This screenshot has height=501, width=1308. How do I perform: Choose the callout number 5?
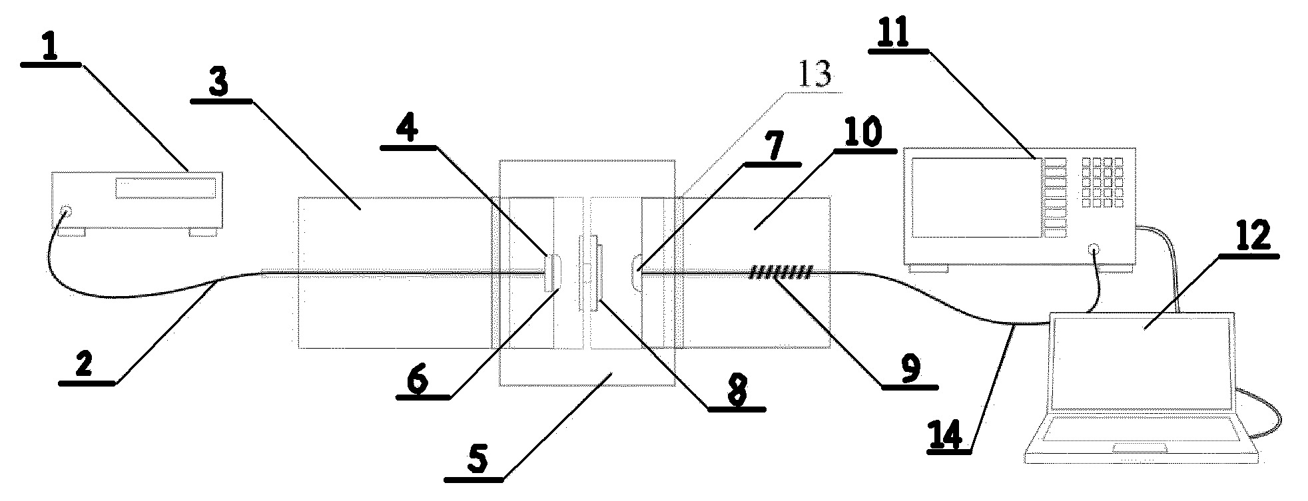point(478,460)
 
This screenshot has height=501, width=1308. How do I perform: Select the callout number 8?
point(735,392)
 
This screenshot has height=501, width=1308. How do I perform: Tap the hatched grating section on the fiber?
point(781,272)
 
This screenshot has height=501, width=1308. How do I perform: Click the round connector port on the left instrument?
point(65,212)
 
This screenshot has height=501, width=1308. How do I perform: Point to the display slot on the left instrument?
point(166,188)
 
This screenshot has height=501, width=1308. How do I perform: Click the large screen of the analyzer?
point(974,198)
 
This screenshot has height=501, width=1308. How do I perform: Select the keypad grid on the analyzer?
point(1103,182)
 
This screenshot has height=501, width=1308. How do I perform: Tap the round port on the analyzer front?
point(1094,250)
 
